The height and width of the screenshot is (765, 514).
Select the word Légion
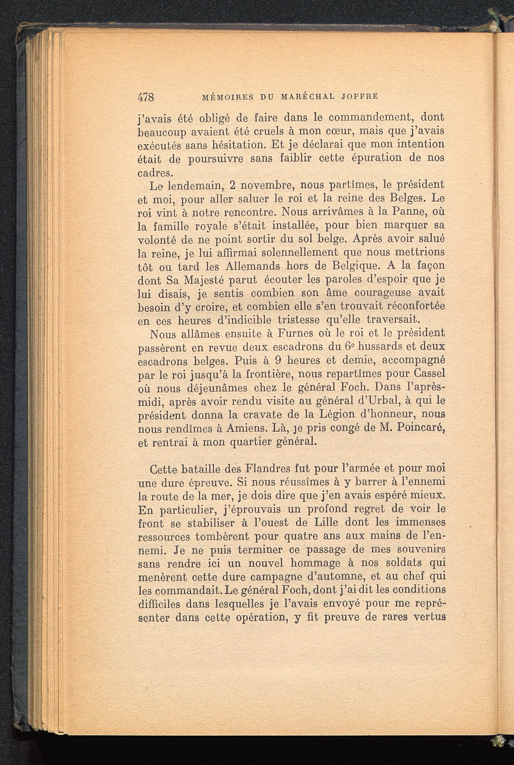[335, 415]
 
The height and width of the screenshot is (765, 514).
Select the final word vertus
[429, 617]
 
